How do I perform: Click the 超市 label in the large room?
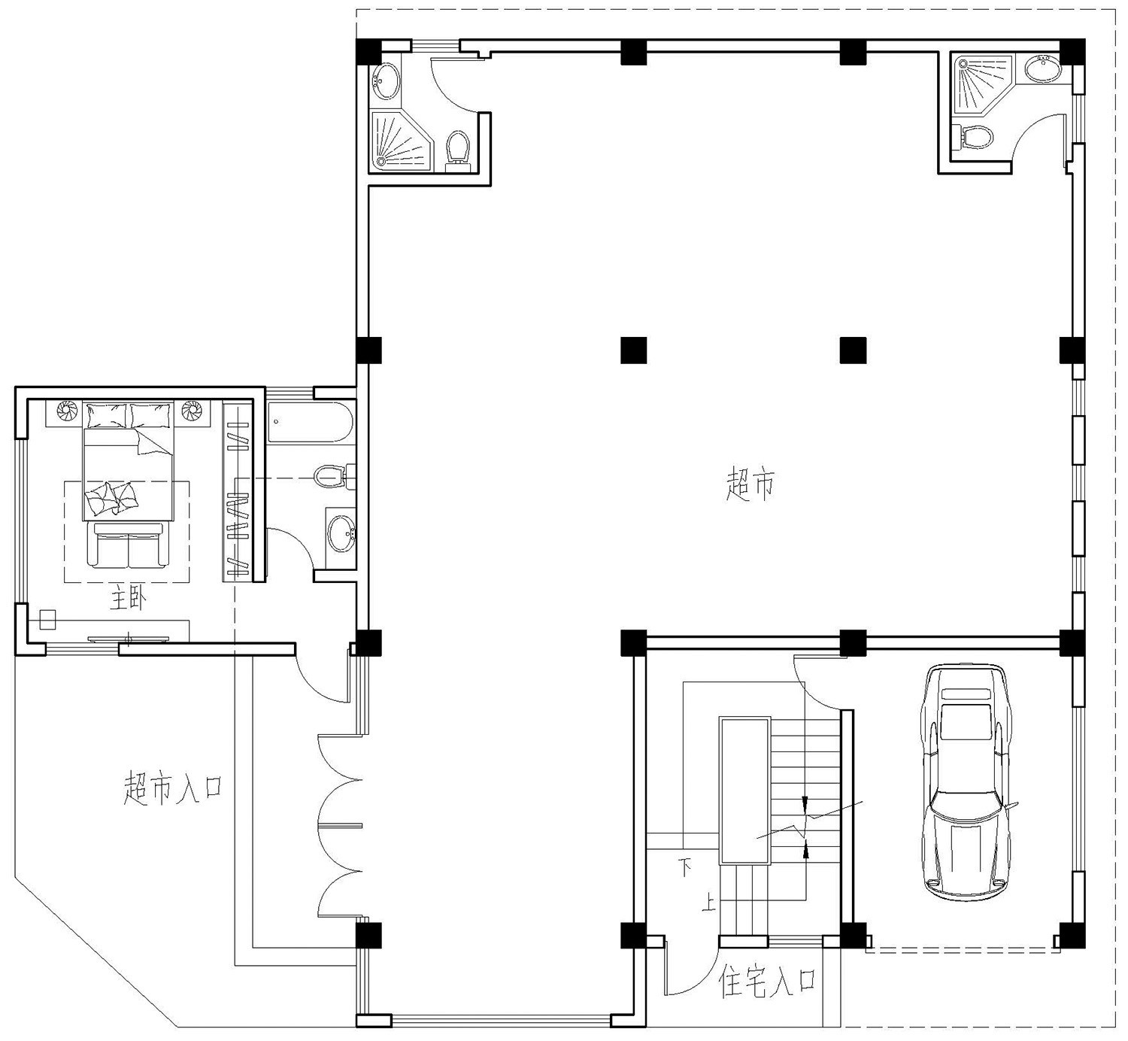coord(750,484)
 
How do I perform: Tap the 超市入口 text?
coord(173,787)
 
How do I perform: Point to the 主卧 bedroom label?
coord(129,599)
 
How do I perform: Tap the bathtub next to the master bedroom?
coord(310,423)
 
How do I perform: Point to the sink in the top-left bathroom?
coord(387,81)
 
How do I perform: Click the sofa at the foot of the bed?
coord(129,545)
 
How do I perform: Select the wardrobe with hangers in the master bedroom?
coord(237,491)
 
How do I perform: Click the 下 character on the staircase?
coord(686,868)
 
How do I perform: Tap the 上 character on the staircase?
coord(708,903)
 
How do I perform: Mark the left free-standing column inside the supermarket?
coord(633,350)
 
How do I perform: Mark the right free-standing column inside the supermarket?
coord(853,350)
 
